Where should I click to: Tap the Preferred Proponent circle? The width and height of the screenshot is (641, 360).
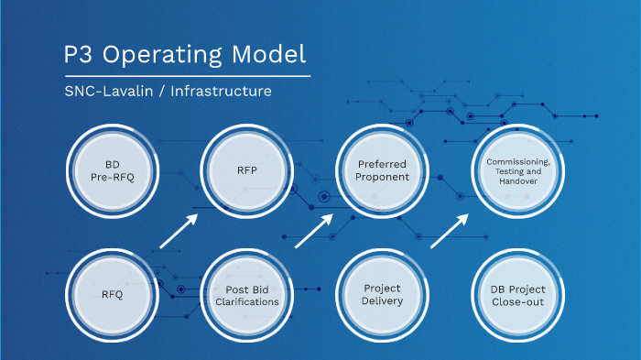pos(382,170)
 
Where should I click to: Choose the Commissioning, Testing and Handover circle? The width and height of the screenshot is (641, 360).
pos(517,170)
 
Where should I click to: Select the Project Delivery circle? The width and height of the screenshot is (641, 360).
pos(382,295)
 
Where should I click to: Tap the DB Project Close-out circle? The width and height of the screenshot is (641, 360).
pos(517,295)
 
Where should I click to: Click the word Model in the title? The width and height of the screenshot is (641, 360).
pos(270,55)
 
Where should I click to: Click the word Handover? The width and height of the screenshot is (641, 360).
pos(517,181)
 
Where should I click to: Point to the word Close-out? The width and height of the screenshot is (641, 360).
pos(517,301)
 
